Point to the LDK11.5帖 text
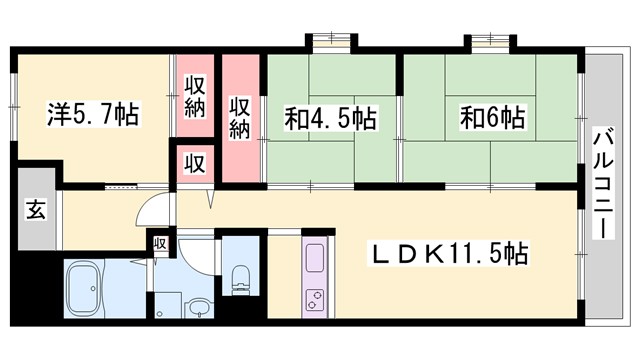452,254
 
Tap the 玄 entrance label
35,211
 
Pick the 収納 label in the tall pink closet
240,118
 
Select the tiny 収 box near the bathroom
159,242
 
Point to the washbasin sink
198,306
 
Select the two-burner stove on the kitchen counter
314,300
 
